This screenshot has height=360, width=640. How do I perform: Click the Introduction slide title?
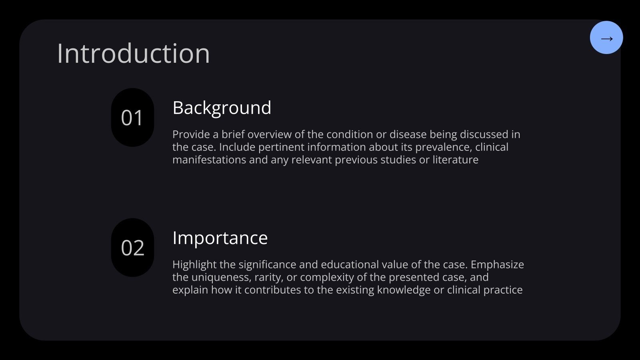[133, 53]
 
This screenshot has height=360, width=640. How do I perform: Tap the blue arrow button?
[606, 38]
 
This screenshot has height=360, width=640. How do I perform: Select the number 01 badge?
[132, 118]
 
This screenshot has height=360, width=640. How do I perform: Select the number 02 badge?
[132, 248]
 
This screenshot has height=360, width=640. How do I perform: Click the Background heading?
[222, 108]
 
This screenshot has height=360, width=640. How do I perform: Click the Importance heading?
[220, 238]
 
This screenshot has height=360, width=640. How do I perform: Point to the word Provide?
[191, 134]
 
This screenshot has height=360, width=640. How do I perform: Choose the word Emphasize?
[497, 265]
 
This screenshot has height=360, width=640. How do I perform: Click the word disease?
[407, 134]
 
